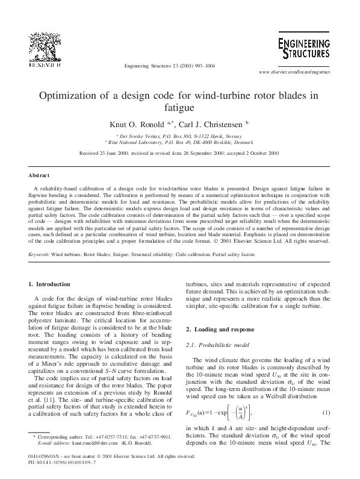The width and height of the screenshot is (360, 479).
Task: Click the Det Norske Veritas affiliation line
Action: click(179, 137)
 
